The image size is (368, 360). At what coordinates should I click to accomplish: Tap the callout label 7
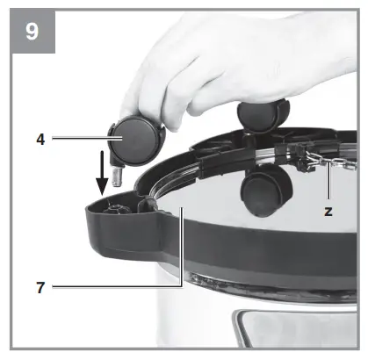[41, 287]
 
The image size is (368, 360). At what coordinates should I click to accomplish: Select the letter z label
[328, 212]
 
